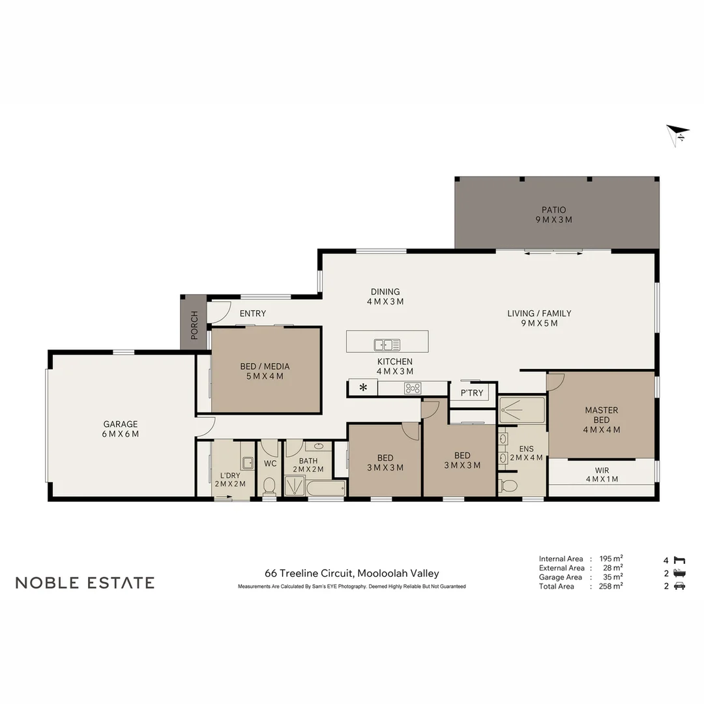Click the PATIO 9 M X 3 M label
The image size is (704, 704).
(553, 214)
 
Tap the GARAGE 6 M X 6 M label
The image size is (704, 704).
(121, 429)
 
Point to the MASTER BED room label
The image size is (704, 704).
(601, 420)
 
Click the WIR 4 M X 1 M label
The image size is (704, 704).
(601, 475)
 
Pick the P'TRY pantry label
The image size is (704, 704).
(472, 392)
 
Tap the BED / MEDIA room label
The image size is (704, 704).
(265, 371)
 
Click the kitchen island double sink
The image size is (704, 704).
(387, 345)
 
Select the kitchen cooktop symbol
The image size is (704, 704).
(412, 389)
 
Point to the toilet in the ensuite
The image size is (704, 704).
(508, 485)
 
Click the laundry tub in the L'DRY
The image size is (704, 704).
(247, 463)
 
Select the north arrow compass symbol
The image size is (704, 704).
(677, 134)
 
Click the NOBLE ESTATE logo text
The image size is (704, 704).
(85, 583)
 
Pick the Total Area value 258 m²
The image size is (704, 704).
(611, 586)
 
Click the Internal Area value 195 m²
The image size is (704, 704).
(611, 559)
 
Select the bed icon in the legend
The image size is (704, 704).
(680, 560)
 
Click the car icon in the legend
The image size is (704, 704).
(679, 586)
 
